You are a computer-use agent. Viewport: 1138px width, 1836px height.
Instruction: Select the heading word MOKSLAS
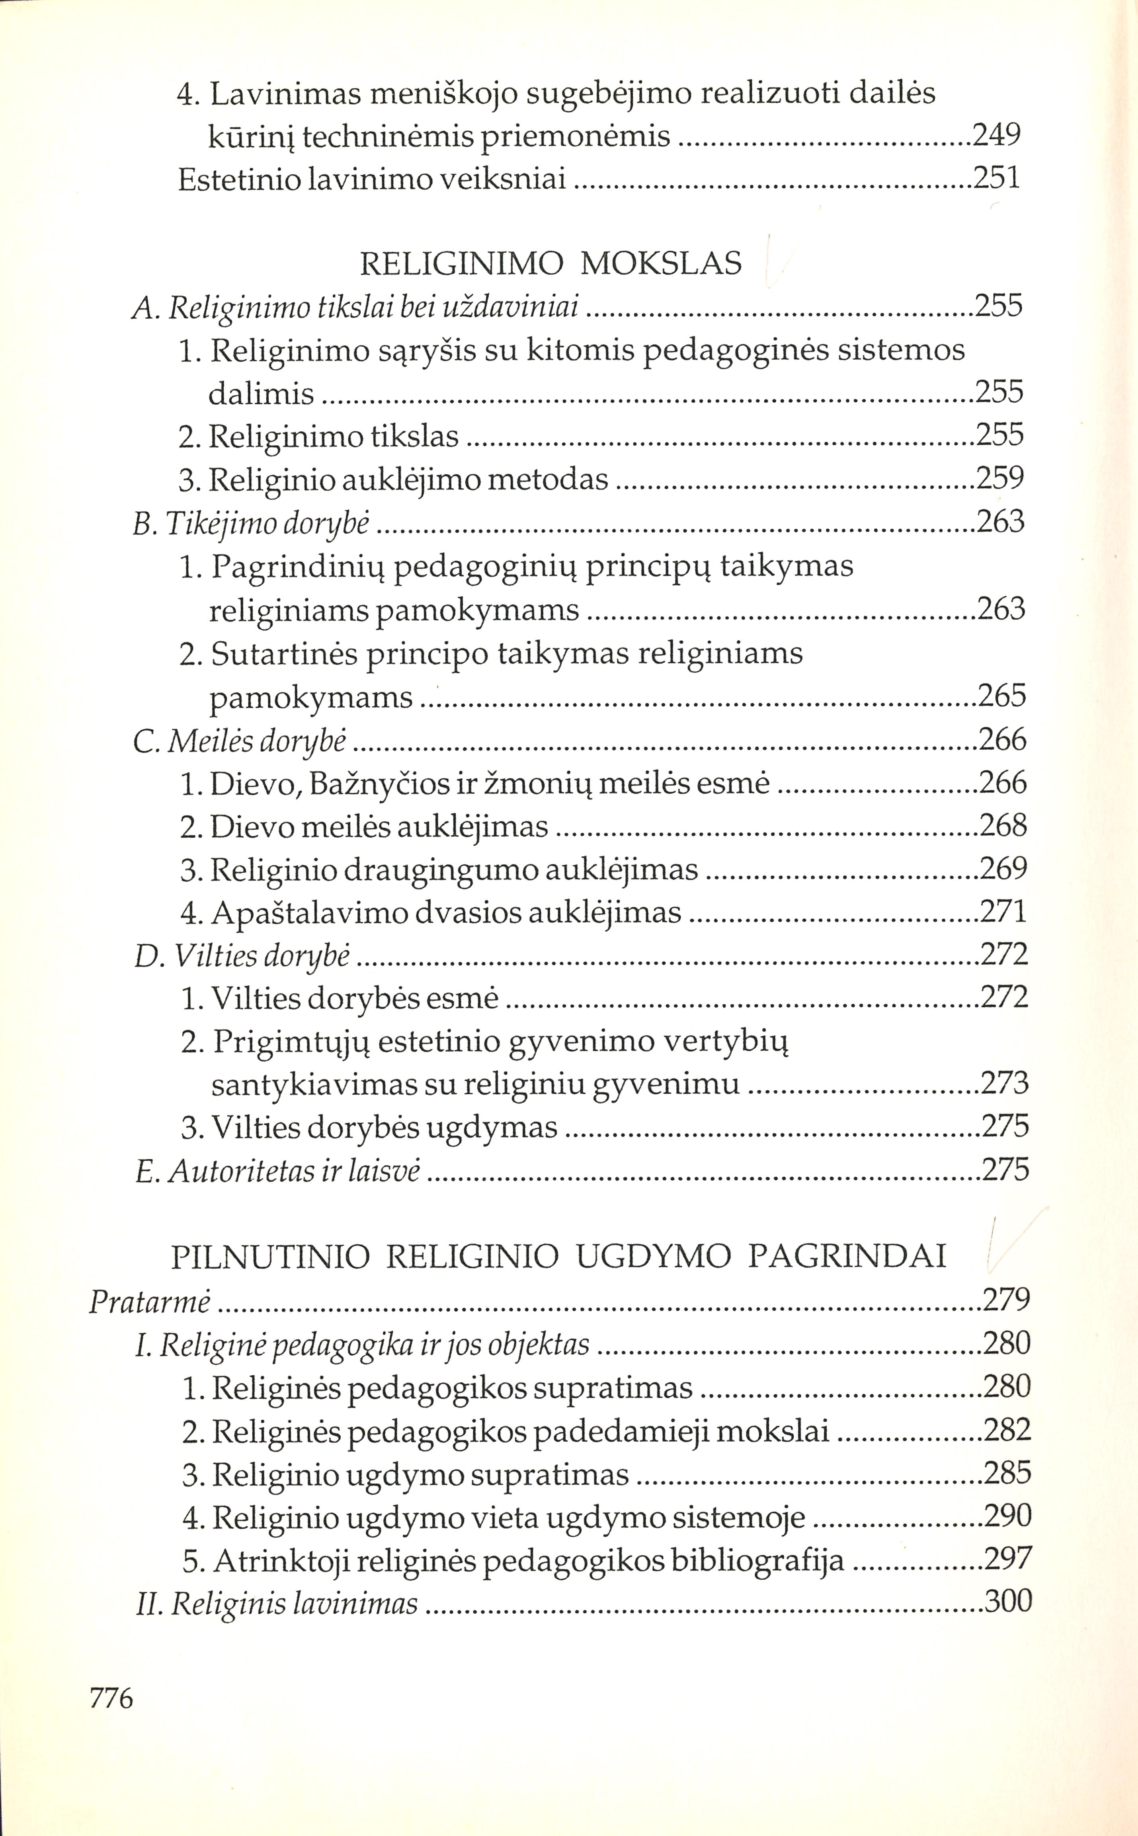coord(662,263)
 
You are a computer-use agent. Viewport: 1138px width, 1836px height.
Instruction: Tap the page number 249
coord(997,135)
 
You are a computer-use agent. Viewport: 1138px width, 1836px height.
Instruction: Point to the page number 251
coord(997,178)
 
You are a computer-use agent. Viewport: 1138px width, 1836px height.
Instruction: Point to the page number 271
coord(1003,912)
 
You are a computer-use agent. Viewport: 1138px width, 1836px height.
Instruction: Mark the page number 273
coord(1005,1084)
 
